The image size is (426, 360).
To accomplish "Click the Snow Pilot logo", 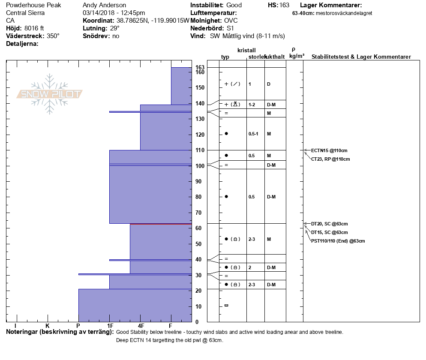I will click(x=50, y=94).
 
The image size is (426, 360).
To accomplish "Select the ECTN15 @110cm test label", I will click(x=329, y=150).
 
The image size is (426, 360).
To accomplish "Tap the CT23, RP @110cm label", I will click(x=330, y=159).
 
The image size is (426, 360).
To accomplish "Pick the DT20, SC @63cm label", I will click(x=329, y=224).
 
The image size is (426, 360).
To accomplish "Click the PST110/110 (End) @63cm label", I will click(x=338, y=241).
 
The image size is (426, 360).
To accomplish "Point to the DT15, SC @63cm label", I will click(x=329, y=232).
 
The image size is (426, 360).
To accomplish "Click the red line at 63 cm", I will click(x=161, y=224).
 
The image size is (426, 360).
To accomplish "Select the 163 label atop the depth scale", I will click(x=200, y=67).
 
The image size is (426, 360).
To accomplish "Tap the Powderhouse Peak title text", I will click(x=33, y=5).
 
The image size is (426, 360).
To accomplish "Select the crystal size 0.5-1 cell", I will click(x=253, y=134).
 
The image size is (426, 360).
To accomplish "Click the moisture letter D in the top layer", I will click(x=268, y=84).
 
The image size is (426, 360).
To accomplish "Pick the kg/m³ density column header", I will click(x=297, y=56).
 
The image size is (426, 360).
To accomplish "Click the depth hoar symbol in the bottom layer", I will click(x=226, y=305).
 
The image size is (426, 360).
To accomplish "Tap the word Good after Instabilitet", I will click(x=234, y=5).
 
